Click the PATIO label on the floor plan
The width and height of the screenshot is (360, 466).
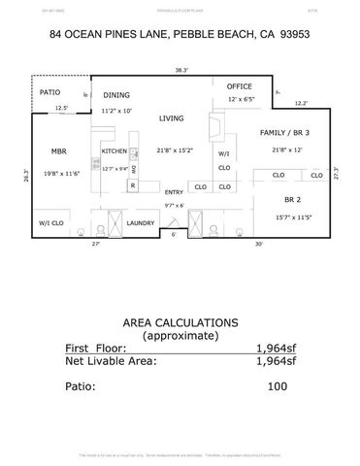coord(50,92)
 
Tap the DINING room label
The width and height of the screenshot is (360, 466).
coord(116,95)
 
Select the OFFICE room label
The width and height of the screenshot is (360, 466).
coord(240,87)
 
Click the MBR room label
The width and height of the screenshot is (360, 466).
coord(57,151)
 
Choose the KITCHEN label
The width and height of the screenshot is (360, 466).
coord(115,151)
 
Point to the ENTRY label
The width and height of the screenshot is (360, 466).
coord(174,192)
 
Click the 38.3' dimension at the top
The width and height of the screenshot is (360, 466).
coord(180,70)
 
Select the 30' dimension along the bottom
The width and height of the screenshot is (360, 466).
coord(260,244)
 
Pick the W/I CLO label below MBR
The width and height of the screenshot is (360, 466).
coord(51,223)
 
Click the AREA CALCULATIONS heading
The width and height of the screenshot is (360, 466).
coord(180,321)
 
